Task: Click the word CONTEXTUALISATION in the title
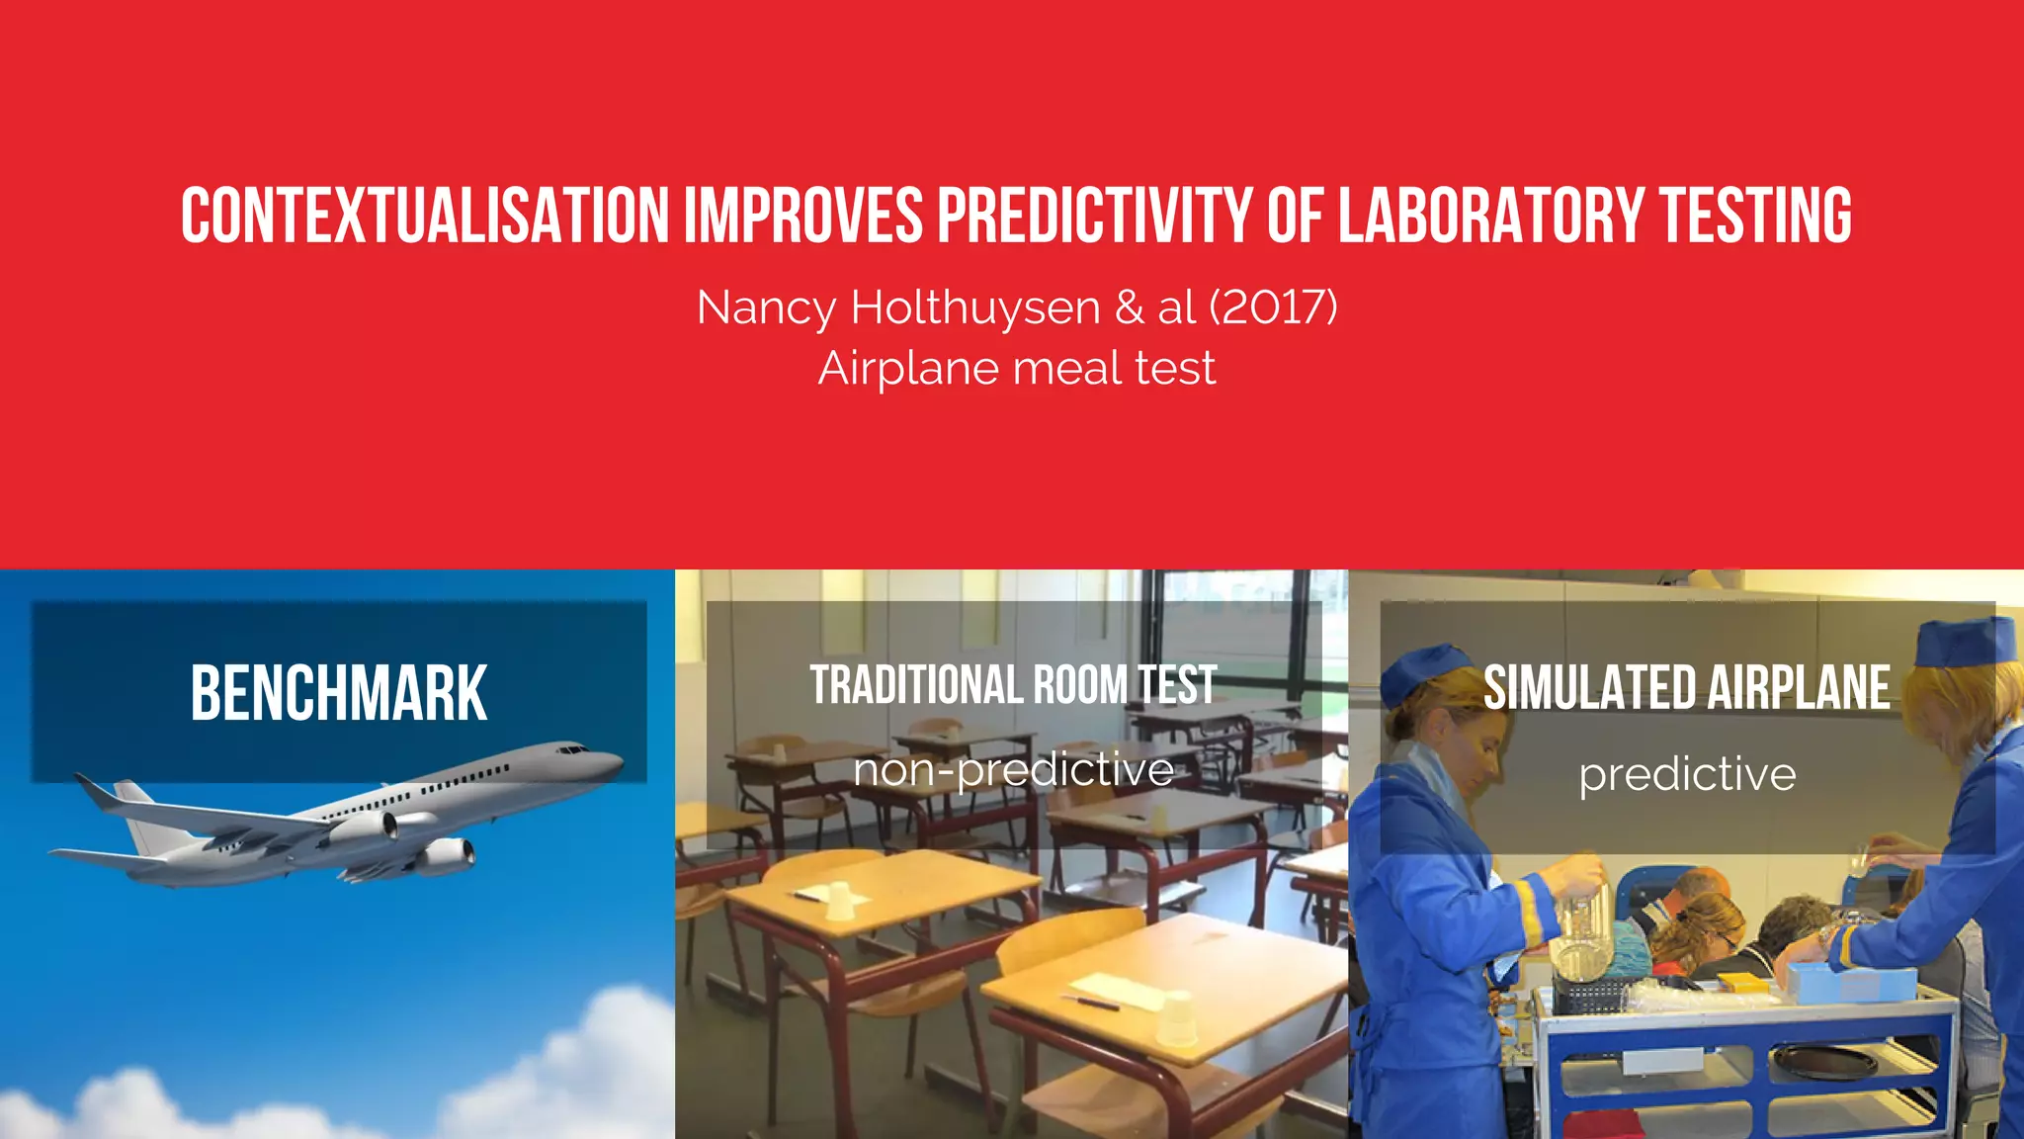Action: click(425, 216)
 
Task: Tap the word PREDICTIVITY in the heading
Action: click(1094, 216)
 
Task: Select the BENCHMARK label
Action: click(339, 693)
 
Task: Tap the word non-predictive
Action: click(1013, 770)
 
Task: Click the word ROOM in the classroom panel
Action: click(1080, 685)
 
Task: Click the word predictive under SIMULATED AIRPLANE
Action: click(1687, 774)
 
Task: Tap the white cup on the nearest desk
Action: click(1176, 1018)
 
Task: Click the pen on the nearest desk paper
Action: click(1091, 1002)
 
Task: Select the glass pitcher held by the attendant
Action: click(1581, 929)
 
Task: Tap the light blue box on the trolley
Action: click(1846, 982)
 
